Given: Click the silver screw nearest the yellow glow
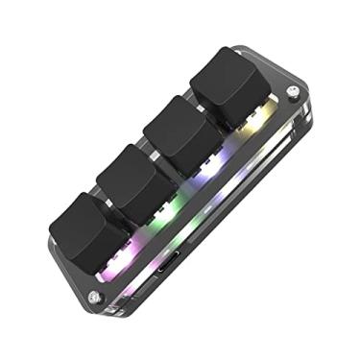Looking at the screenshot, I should (x=292, y=92).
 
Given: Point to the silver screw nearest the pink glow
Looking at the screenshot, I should (x=93, y=297).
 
